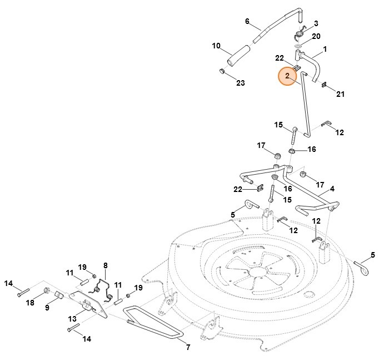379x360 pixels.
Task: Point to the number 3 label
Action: [x=316, y=23]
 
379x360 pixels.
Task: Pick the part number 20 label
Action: [x=316, y=36]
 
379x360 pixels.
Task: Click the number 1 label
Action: [x=325, y=49]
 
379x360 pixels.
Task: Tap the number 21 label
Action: [x=340, y=94]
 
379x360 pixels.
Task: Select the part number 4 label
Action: [x=332, y=189]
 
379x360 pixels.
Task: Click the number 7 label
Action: [x=187, y=348]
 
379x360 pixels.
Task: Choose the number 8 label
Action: [x=105, y=265]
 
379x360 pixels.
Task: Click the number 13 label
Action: [x=73, y=319]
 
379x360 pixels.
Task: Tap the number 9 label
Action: [x=47, y=306]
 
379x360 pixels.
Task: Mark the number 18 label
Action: [x=29, y=302]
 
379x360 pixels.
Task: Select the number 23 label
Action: [x=240, y=83]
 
